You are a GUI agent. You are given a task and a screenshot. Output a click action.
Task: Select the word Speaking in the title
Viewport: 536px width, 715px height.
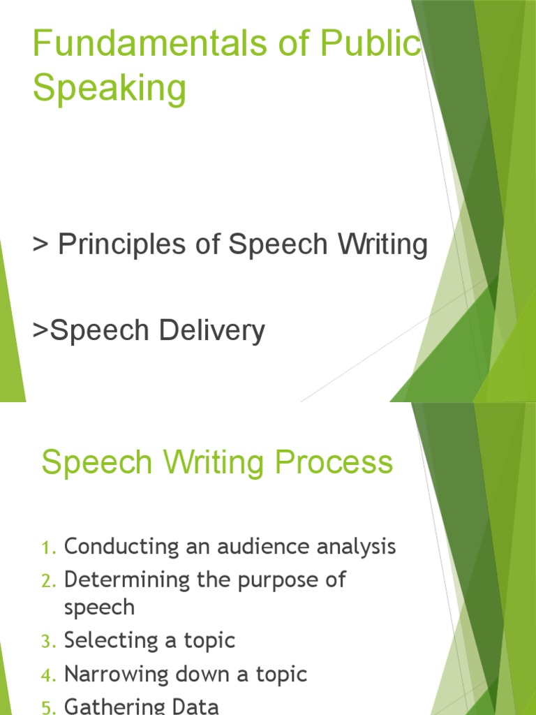coord(110,89)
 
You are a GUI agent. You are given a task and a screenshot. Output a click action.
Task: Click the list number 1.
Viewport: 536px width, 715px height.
coord(47,548)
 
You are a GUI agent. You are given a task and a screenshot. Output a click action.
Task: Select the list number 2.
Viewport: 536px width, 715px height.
coord(47,581)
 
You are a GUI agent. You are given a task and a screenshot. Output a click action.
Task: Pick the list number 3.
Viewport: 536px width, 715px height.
coord(47,642)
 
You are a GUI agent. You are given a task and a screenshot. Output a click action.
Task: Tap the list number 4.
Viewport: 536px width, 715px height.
coord(47,676)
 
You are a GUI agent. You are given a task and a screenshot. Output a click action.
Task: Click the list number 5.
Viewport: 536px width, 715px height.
coord(47,707)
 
